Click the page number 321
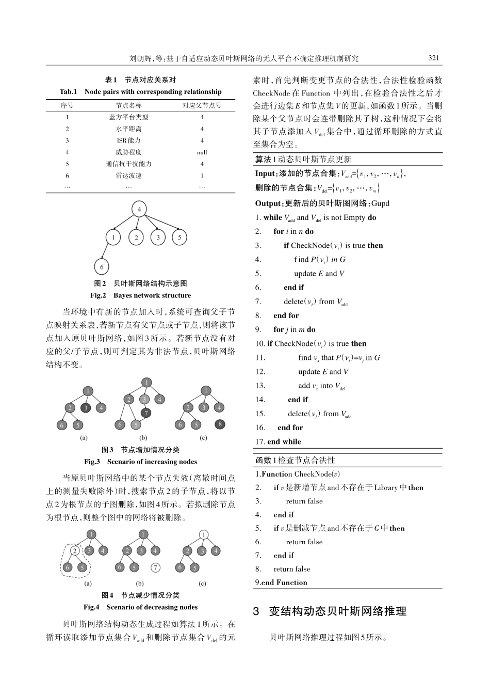[434, 58]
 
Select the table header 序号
[67, 105]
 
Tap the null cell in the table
[202, 152]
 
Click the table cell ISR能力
[128, 140]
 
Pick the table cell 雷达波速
[128, 176]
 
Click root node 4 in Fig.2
[139, 209]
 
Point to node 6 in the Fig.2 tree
[102, 266]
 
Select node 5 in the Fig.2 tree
[179, 238]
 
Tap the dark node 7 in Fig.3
[146, 413]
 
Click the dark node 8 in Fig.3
[220, 424]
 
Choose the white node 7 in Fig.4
[155, 567]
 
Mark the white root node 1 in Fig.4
[204, 534]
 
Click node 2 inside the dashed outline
[75, 551]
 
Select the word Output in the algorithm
[268, 203]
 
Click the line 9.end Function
[281, 582]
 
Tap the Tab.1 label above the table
[68, 92]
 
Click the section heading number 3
[256, 611]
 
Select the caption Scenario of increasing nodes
[152, 462]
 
